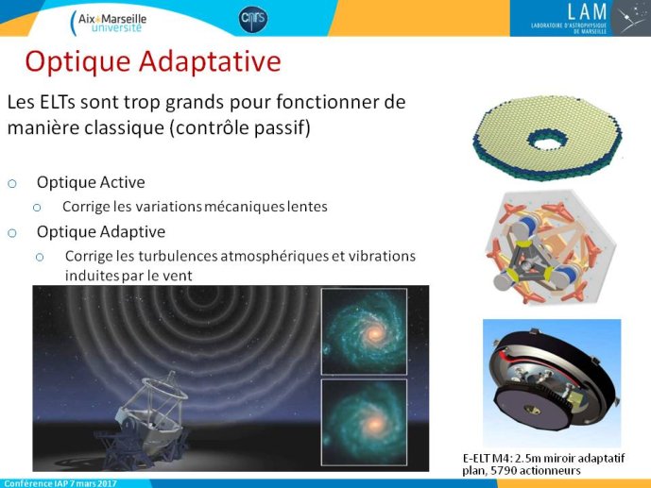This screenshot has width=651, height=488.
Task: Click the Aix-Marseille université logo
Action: pyautogui.click(x=109, y=23)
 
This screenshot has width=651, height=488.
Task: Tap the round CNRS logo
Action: pyautogui.click(x=253, y=19)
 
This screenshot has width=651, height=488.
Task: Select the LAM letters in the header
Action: pyautogui.click(x=587, y=11)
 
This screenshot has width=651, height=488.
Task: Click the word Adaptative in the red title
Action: pyautogui.click(x=210, y=62)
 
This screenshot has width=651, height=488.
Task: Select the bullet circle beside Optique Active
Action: pyautogui.click(x=12, y=183)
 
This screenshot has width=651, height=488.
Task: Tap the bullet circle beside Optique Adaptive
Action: pyautogui.click(x=12, y=232)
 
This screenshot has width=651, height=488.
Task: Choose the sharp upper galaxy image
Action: pyautogui.click(x=364, y=331)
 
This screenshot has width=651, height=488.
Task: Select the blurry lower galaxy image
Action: pyautogui.click(x=364, y=423)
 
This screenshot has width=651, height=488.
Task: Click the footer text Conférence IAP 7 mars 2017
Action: pyautogui.click(x=60, y=483)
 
